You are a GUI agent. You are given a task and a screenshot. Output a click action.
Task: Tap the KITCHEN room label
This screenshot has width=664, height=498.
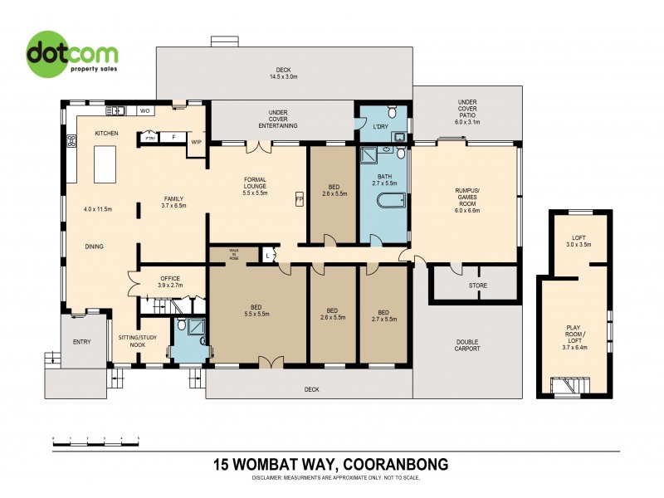pos(107,134)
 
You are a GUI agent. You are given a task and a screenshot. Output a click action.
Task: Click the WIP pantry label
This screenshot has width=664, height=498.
pos(197,143)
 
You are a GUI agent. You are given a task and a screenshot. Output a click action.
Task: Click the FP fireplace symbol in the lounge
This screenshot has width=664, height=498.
pos(299,199)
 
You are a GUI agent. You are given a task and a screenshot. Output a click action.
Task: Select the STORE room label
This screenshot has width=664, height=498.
pos(478,286)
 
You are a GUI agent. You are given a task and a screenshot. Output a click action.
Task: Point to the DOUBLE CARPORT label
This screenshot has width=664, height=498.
pos(467,344)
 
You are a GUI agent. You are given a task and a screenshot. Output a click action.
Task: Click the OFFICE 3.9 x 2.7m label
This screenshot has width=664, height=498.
pos(169,281)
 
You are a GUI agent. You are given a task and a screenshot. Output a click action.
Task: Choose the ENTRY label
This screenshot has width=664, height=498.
pos(81,341)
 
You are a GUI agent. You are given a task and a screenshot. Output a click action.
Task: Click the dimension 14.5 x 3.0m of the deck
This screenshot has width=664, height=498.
pos(284,77)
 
